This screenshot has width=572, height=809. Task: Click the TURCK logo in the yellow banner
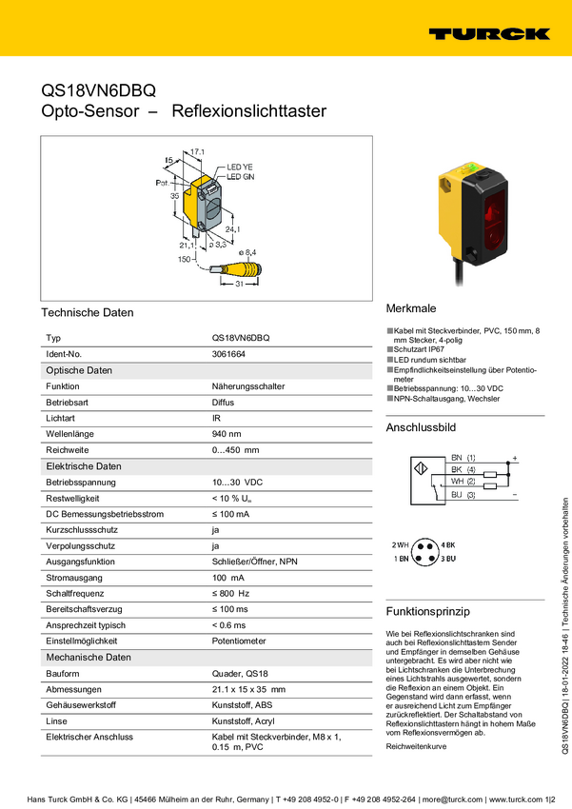coord(488,33)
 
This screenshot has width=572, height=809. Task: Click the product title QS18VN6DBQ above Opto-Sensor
coord(98,91)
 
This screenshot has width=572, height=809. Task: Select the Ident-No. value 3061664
coord(228,354)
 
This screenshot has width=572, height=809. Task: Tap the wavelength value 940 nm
coord(227,434)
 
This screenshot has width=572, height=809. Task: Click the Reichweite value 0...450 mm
coord(235,450)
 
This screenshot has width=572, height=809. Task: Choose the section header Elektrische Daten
coord(84,466)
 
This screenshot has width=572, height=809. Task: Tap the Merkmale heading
coord(411,309)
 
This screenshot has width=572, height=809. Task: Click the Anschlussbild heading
coord(421,428)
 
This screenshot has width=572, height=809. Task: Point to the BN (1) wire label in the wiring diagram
coord(464,458)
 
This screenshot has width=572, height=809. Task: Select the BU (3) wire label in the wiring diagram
coord(464,495)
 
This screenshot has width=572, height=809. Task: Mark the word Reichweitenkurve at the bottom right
coord(415,720)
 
